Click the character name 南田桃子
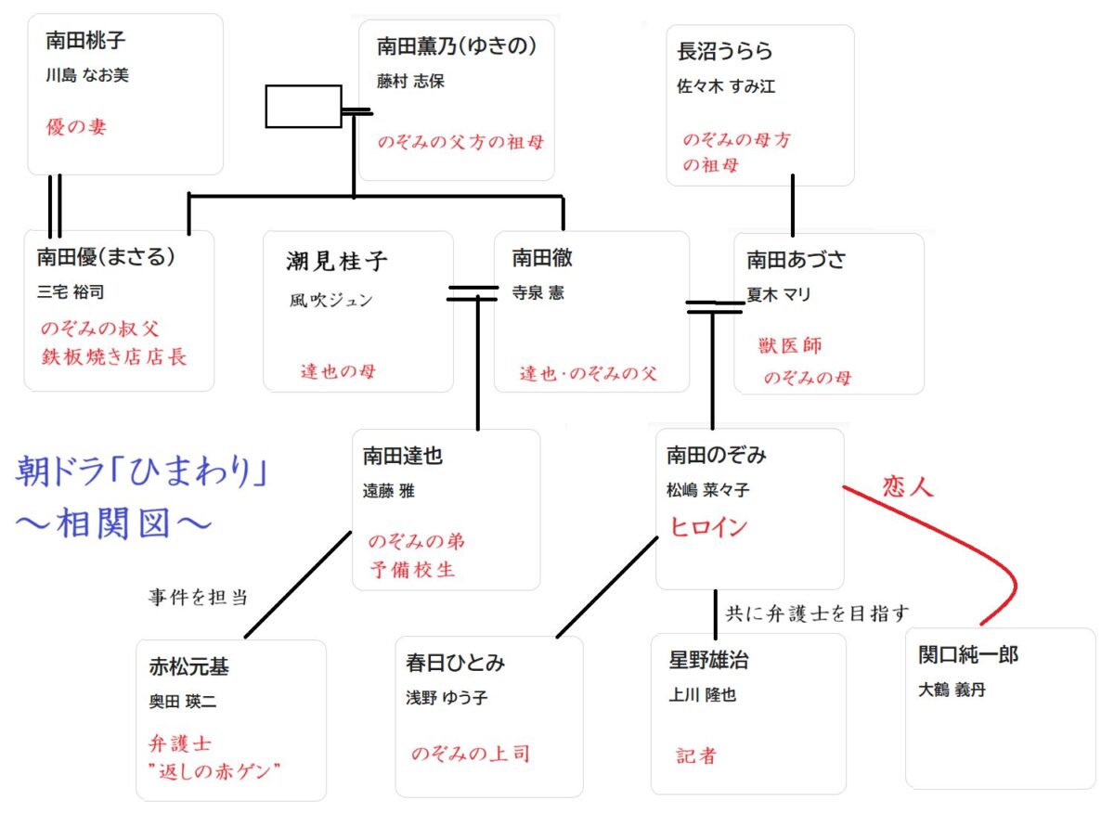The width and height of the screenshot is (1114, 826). (85, 42)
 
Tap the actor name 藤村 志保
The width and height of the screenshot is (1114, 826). (411, 82)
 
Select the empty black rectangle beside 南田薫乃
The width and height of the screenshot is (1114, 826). (303, 106)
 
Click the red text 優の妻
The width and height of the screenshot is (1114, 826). (77, 127)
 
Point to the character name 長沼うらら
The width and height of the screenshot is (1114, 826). (725, 51)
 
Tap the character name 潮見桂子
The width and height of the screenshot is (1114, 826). (337, 262)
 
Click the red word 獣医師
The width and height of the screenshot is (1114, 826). (790, 346)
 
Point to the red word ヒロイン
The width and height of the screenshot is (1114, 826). (709, 527)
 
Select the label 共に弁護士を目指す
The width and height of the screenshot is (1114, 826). (816, 613)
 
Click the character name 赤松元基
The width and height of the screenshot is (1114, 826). (188, 667)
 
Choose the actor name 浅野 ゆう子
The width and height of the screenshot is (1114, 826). (447, 696)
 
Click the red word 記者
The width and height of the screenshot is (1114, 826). (696, 756)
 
